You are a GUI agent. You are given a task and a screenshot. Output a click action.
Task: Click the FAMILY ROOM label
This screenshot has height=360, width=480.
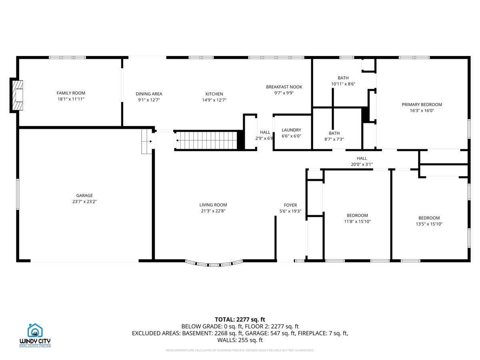click(x=71, y=93)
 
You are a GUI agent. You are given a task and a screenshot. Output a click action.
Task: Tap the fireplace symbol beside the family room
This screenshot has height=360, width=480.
click(x=17, y=95)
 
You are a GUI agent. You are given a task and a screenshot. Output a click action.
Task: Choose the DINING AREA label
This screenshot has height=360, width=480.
click(x=149, y=94)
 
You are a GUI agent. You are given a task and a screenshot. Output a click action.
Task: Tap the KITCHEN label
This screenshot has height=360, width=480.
click(x=214, y=94)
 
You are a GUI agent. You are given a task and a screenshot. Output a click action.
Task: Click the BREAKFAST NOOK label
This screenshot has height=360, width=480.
click(x=284, y=87)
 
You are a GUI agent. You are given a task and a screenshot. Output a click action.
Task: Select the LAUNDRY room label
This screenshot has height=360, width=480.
click(x=291, y=130)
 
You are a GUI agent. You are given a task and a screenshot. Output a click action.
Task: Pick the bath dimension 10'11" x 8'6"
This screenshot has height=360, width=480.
click(x=343, y=84)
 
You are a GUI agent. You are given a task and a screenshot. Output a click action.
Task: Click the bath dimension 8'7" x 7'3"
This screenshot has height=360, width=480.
click(x=334, y=139)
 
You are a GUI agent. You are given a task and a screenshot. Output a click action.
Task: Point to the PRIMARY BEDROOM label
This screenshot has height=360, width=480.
click(x=422, y=104)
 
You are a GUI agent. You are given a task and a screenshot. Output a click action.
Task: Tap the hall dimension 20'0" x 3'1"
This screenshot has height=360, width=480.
click(x=362, y=164)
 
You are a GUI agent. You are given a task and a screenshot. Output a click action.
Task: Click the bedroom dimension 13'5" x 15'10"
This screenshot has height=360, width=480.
click(x=429, y=224)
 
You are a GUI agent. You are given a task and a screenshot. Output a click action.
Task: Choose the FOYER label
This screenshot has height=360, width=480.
click(x=290, y=205)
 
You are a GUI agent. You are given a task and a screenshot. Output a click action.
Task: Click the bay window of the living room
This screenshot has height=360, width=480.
click(x=214, y=263)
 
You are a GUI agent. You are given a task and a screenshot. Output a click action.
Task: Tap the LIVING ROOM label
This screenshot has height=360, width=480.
click(x=214, y=205)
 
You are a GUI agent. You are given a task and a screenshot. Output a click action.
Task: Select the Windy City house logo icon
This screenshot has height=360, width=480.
click(x=35, y=330)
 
